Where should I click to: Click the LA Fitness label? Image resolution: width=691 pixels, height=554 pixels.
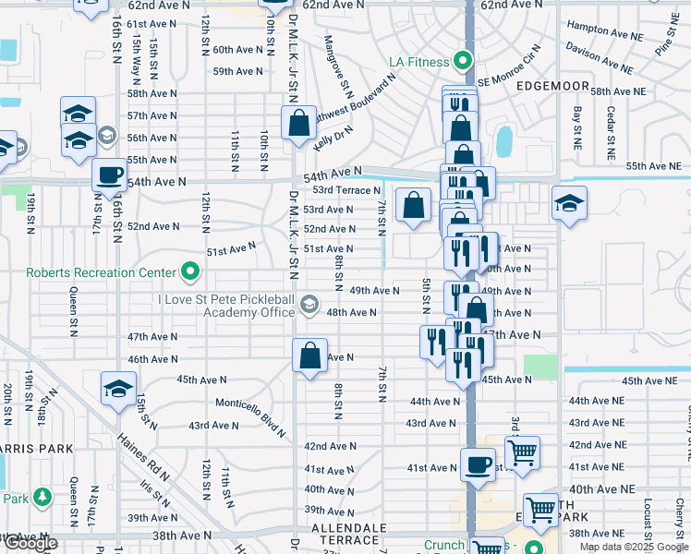pos(418,63)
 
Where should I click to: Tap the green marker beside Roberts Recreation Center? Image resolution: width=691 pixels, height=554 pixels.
pos(190,271)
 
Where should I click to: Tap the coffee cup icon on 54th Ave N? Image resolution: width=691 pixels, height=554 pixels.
pos(109,175)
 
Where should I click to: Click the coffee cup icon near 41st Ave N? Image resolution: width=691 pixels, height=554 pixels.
pos(478,464)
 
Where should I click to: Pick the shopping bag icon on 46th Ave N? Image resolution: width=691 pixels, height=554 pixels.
pos(309,355)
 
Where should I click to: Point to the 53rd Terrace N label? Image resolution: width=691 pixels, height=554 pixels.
pos(342,190)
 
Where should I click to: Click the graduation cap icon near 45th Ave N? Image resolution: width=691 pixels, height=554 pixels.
pos(118,389)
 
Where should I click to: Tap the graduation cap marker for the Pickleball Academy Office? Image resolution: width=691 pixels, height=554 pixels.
pos(309,303)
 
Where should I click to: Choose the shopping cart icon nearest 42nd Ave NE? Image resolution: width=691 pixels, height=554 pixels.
pos(522,452)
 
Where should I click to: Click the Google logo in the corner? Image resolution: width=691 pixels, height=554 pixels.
pos(30,543)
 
